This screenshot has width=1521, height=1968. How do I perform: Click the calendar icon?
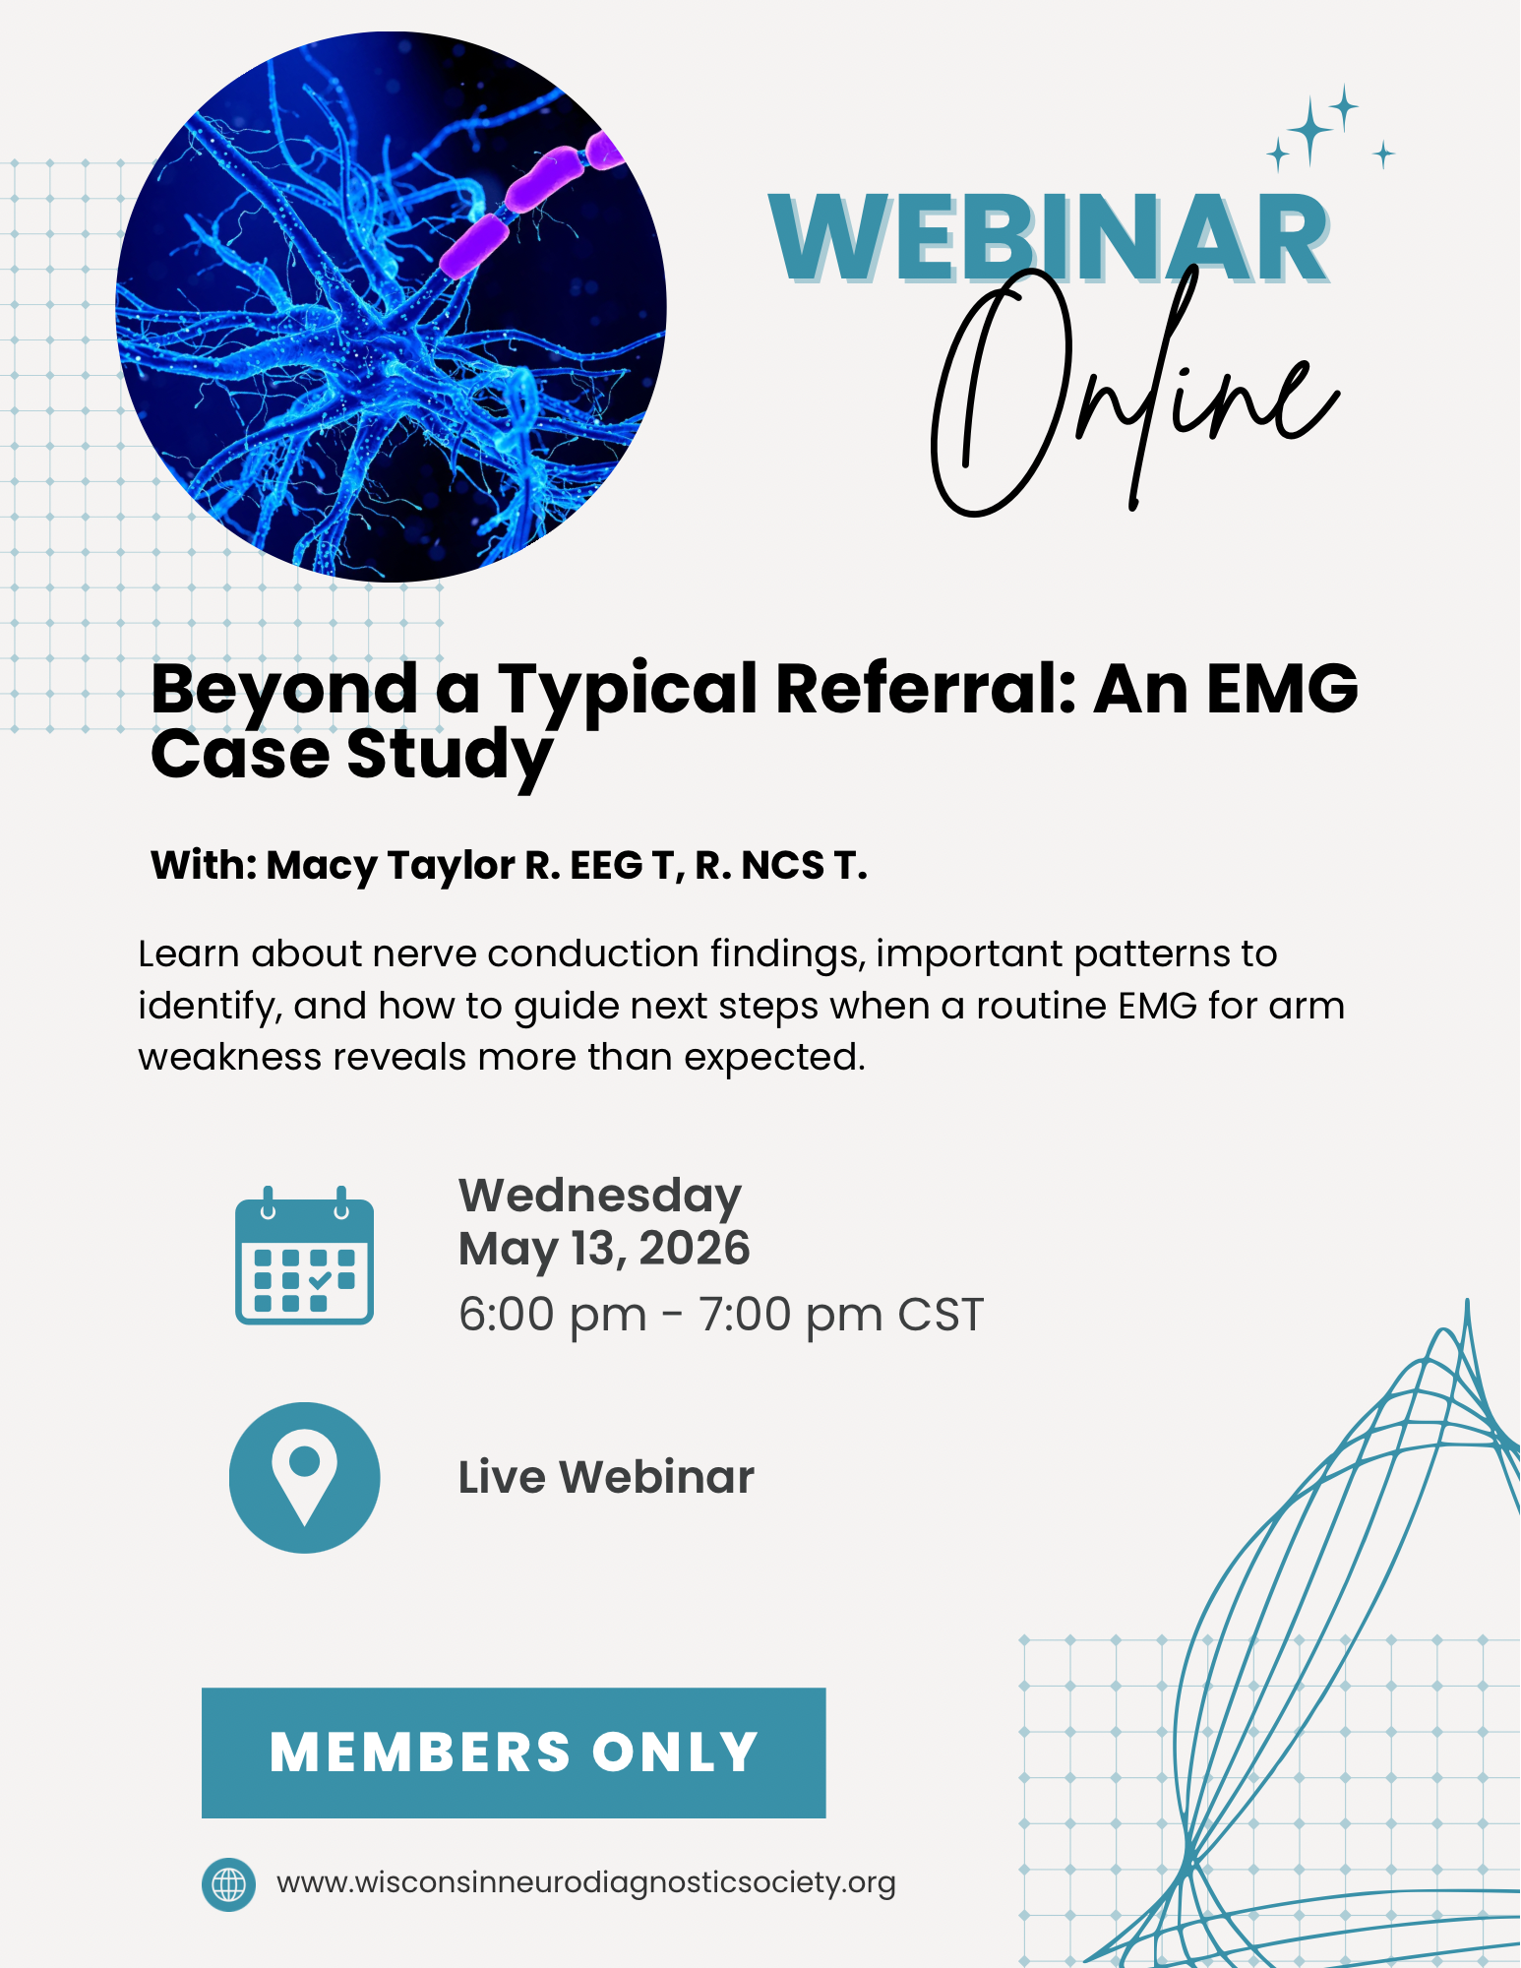(x=304, y=1256)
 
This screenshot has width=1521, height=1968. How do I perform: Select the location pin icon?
(x=305, y=1477)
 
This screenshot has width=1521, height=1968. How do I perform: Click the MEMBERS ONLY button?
(x=514, y=1753)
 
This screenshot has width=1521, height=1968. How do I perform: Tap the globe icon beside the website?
(x=228, y=1884)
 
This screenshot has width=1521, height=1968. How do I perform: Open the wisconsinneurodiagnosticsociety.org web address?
(x=586, y=1882)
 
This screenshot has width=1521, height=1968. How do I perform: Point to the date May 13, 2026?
(x=604, y=1249)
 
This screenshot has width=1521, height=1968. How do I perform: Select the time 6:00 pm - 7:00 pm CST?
(x=721, y=1315)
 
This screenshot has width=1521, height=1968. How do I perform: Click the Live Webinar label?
(x=606, y=1477)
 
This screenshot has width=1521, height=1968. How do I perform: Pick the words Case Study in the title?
(x=351, y=756)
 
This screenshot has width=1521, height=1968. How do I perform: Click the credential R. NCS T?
(x=781, y=866)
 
